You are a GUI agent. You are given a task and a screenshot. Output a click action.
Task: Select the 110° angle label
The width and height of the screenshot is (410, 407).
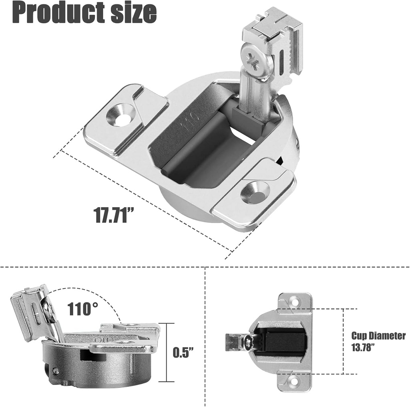(x=82, y=309)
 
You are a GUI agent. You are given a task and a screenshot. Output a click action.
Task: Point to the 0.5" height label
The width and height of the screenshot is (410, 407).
(x=183, y=352)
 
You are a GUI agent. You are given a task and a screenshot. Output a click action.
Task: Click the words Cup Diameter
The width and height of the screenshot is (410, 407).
(x=378, y=336)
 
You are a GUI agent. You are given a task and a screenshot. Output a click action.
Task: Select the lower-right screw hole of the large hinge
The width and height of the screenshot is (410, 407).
(x=255, y=192)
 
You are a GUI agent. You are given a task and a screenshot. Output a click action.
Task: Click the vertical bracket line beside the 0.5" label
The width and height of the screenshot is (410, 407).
(x=166, y=353)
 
